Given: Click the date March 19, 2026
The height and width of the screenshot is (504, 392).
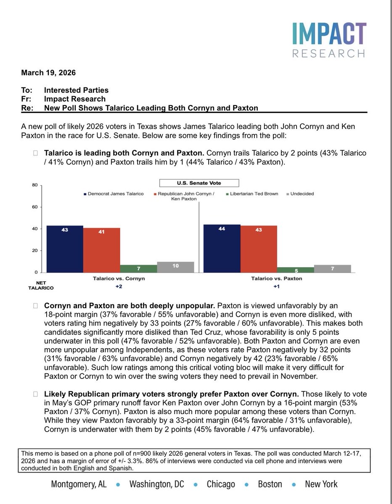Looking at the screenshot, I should coord(48,73).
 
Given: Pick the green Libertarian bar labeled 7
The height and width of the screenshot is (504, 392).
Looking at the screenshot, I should coord(138,268).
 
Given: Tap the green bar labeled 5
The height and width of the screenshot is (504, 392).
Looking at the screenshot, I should coord(295,270).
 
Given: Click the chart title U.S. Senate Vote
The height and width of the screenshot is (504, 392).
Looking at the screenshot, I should coord(199,183).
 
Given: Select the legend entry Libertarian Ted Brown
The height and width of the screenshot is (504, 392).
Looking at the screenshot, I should coord(252,194).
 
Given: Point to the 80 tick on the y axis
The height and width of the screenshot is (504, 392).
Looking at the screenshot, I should coord(35,185).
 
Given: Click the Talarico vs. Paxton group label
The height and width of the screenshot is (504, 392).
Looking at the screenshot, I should coord(276,278).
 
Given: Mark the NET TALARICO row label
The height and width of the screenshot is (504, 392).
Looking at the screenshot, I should coord(41,286).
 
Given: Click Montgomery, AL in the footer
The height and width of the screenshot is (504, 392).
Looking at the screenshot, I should coord(79,484).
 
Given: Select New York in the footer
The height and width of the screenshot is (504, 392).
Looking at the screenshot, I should coord(321,484).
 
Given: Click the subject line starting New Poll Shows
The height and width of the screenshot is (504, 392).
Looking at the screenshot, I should coord(151,108).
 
